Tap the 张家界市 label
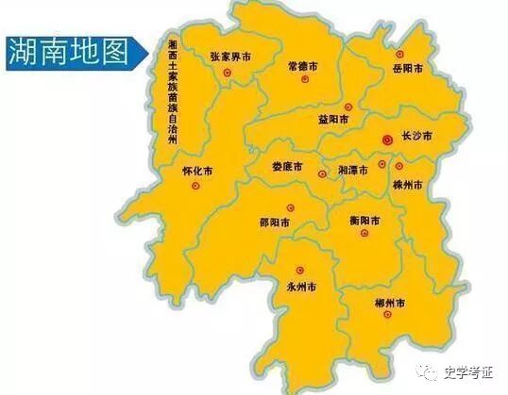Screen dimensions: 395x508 click(230, 58)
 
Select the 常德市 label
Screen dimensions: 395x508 click(302, 68)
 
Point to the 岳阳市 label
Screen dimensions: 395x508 click(412, 69)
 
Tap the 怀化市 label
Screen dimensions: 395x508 click(196, 172)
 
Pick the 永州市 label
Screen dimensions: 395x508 click(301, 285)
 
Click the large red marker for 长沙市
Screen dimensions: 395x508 click(386, 139)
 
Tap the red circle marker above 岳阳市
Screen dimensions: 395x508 click(399, 54)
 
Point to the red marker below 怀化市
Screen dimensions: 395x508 click(195, 187)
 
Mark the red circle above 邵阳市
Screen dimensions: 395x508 click(266, 208)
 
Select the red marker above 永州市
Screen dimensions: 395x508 click(300, 270)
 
